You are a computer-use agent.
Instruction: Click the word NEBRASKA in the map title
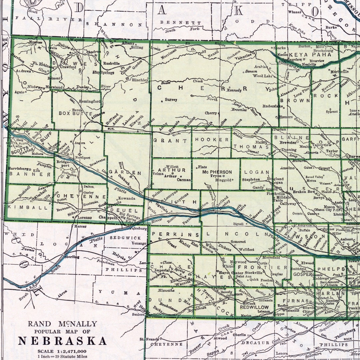tap(62, 341)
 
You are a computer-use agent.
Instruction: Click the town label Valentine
tap(244, 55)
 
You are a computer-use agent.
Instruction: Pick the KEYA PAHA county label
tap(306, 54)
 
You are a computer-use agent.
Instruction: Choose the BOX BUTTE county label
tap(75, 113)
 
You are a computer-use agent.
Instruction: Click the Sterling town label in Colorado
tap(72, 257)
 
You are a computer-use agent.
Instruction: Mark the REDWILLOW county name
tap(252, 307)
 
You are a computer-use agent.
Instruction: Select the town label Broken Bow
tap(304, 192)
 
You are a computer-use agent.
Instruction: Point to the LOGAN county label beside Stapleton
tap(257, 172)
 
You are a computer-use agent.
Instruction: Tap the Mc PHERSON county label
tap(217, 172)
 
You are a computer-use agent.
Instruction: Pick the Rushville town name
tap(111, 63)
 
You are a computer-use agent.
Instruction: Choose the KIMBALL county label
tap(28, 207)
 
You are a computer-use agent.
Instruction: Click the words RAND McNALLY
tap(62, 324)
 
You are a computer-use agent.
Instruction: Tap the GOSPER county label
tap(302, 274)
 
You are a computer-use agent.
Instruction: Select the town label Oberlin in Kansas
tap(239, 335)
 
